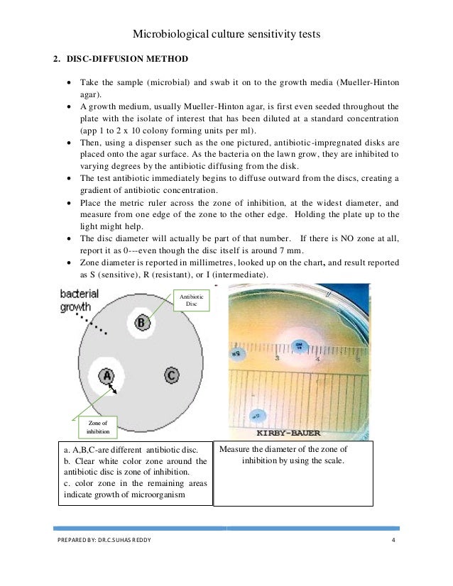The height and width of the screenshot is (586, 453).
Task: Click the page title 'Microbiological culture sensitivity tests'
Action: (x=226, y=33)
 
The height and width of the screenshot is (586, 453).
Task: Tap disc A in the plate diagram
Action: (x=107, y=375)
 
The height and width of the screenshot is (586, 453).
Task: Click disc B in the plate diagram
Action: (x=141, y=324)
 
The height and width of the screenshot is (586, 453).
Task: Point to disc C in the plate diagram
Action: (x=171, y=375)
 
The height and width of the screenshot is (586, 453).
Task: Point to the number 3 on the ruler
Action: (x=276, y=359)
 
